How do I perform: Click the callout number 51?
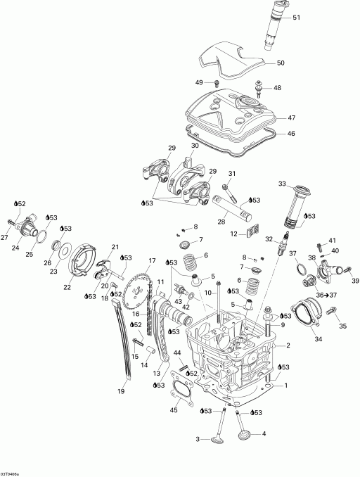tap(296, 18)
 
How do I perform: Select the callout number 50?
tap(281, 63)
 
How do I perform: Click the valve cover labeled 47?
tap(232, 113)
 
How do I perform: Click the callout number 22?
tap(67, 287)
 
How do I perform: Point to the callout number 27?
tap(5, 237)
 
